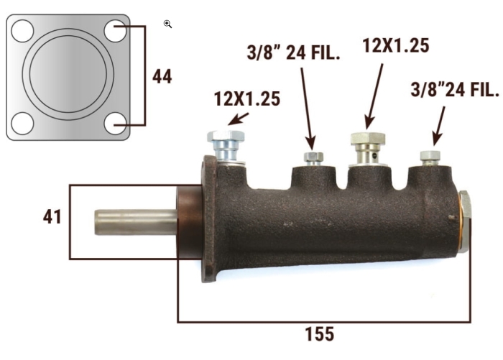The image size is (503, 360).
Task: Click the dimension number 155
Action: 320,333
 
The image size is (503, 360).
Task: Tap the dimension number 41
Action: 52,217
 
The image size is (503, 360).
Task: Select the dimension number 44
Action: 162,76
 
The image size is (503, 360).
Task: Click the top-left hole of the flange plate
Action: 22,31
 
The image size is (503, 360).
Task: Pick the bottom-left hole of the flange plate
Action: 22,123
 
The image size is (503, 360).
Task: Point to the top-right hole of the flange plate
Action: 115,31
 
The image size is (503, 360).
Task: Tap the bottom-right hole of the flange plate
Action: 115,123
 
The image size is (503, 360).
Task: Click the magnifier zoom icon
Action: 167,24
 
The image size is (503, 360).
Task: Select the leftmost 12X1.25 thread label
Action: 247,99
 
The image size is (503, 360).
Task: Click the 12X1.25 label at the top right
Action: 396,45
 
